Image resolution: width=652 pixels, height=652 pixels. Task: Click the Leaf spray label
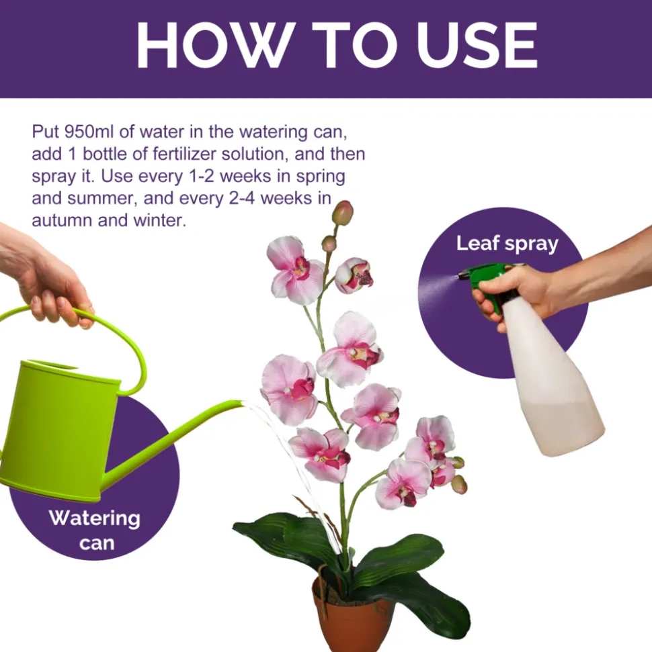[507, 243]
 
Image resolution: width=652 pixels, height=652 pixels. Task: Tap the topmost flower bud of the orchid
[342, 213]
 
